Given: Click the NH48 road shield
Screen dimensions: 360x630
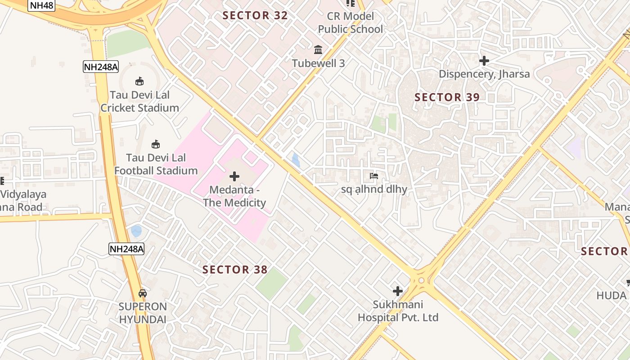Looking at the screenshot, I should tap(41, 5).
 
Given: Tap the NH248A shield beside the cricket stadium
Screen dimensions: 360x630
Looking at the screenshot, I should tap(101, 67).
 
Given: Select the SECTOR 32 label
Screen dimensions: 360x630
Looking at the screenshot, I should tap(255, 15).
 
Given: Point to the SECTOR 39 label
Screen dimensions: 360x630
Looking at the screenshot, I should tap(447, 97).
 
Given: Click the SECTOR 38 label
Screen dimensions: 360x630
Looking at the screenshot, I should tap(235, 270).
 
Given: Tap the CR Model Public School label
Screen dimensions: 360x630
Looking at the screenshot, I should tap(350, 22).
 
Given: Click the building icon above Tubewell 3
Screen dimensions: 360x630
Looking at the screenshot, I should tap(318, 49).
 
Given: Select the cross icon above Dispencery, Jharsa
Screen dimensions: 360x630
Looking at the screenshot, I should tap(484, 60).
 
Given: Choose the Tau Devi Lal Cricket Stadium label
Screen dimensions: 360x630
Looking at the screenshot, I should tap(139, 101).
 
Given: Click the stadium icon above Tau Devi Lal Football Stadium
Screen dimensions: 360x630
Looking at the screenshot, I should tap(156, 144).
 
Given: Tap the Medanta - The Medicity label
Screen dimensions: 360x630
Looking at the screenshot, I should tap(234, 197).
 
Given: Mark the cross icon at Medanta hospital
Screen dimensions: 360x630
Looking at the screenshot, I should tap(234, 176).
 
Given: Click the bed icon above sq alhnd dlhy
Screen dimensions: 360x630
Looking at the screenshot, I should tap(374, 176).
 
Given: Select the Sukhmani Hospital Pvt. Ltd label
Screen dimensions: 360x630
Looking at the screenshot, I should tap(398, 311).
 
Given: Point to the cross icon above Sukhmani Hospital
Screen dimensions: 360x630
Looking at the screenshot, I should tap(398, 291).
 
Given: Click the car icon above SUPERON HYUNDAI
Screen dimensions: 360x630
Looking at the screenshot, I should tap(143, 293).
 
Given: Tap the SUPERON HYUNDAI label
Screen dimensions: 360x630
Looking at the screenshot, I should tap(143, 313).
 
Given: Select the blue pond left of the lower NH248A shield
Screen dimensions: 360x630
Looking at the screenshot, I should tap(136, 231).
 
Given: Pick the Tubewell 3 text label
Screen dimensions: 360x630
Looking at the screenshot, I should tap(319, 63).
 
